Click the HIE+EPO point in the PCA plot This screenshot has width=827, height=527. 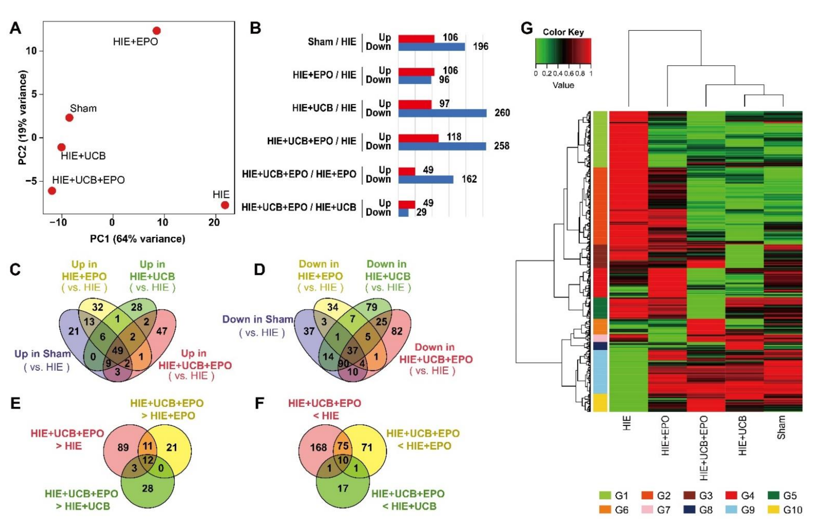157,31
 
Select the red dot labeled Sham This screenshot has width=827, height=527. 69,118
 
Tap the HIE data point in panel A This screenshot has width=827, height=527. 225,205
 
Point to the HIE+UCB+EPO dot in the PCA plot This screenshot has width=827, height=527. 52,191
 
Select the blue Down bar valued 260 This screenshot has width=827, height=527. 442,113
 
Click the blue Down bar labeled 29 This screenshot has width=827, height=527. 403,213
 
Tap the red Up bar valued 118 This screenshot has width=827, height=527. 418,138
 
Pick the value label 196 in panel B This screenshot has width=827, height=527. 480,46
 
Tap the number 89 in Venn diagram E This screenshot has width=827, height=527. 123,447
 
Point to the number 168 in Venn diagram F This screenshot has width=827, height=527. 318,447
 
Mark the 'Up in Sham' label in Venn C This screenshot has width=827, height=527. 43,354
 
